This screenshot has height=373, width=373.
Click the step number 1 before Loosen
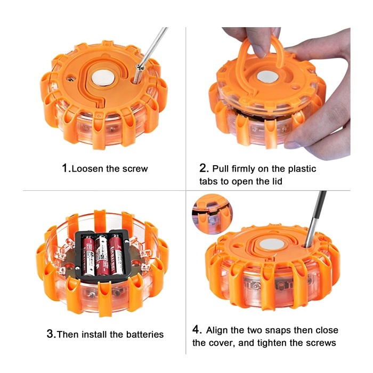point(66,168)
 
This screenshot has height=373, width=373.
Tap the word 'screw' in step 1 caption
point(135,169)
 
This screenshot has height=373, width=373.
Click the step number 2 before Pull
point(204,168)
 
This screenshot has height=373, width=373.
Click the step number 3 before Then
point(51,335)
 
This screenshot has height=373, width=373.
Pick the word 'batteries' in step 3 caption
point(144,335)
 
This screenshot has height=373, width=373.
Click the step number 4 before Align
point(196,330)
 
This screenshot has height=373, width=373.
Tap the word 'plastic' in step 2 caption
point(301,169)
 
